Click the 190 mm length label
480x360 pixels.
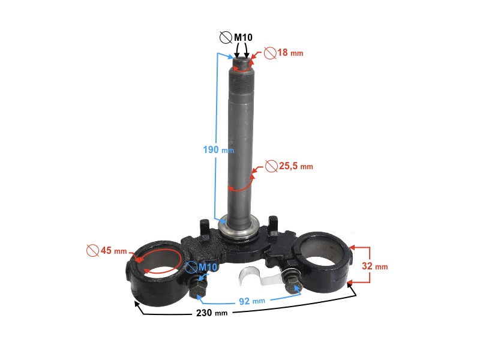pos(218,149)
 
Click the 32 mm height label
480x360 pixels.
pos(374,266)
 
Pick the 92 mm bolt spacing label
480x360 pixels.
pos(252,301)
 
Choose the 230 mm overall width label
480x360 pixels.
pos(212,313)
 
